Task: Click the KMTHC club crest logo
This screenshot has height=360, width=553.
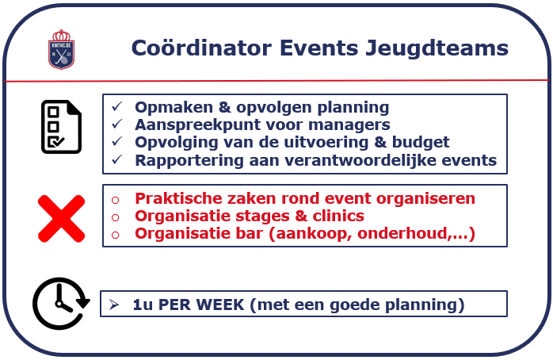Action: click(61, 49)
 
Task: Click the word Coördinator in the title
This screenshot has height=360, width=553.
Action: click(201, 48)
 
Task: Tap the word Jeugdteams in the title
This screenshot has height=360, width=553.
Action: click(437, 48)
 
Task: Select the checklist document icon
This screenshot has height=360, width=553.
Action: click(61, 127)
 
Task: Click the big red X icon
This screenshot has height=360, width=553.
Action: click(61, 219)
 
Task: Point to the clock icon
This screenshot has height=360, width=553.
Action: click(61, 304)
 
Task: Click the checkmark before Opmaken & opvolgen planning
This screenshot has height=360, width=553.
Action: click(116, 106)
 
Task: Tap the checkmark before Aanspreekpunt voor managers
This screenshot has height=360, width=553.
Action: click(116, 124)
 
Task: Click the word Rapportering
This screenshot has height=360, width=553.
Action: click(189, 160)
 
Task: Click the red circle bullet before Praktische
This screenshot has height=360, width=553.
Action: click(116, 200)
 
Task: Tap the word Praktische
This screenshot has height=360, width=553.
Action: click(178, 198)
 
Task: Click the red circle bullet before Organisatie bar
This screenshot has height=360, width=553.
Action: click(116, 235)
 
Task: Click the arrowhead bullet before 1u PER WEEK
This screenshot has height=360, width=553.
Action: click(114, 304)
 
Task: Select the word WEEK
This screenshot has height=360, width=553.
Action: click(219, 304)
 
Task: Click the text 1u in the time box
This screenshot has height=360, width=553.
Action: click(143, 304)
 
